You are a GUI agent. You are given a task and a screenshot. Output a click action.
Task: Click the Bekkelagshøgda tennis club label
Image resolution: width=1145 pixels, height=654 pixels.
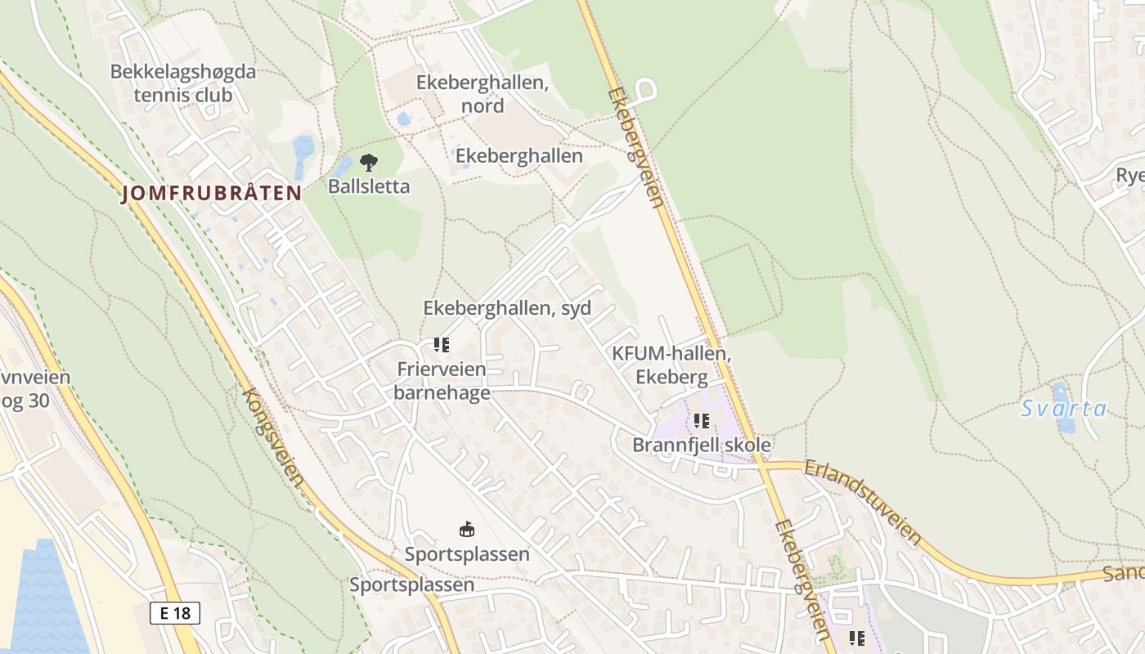tap(183, 83)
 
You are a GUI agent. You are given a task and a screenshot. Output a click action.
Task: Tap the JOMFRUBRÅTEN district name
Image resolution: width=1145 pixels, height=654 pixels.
tap(212, 194)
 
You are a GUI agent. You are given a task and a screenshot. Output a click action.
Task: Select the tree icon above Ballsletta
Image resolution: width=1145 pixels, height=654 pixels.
tap(369, 162)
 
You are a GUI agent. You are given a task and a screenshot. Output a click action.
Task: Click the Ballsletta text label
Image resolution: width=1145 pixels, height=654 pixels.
tap(369, 186)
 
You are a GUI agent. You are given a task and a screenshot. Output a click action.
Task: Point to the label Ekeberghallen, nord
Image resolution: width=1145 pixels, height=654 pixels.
tap(482, 94)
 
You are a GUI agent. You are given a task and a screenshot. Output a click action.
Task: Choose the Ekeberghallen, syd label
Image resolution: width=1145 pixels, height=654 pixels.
tap(507, 308)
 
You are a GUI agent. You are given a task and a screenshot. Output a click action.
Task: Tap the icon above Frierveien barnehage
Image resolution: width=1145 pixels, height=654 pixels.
tap(442, 345)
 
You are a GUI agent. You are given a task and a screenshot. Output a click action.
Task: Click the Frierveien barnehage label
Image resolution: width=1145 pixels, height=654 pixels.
tap(442, 381)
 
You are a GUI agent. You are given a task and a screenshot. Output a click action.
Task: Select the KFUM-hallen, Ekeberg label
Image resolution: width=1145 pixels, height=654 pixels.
tap(671, 365)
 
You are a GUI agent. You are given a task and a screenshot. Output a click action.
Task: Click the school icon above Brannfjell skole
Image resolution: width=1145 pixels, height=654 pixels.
tap(701, 421)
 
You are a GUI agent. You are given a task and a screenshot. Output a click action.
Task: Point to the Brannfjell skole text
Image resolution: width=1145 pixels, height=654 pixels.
tap(702, 445)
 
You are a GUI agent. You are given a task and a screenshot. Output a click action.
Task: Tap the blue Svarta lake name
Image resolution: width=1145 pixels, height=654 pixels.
tap(1063, 409)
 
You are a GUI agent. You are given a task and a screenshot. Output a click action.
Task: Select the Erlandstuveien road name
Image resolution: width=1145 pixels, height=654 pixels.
tap(863, 502)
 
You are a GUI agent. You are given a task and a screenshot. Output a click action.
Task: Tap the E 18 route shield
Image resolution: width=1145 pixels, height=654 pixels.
tap(175, 613)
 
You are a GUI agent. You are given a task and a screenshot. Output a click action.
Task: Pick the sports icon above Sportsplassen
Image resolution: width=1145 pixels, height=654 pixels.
tap(466, 530)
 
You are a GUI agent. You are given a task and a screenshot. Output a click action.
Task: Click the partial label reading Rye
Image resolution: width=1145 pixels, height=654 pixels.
tap(1129, 176)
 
